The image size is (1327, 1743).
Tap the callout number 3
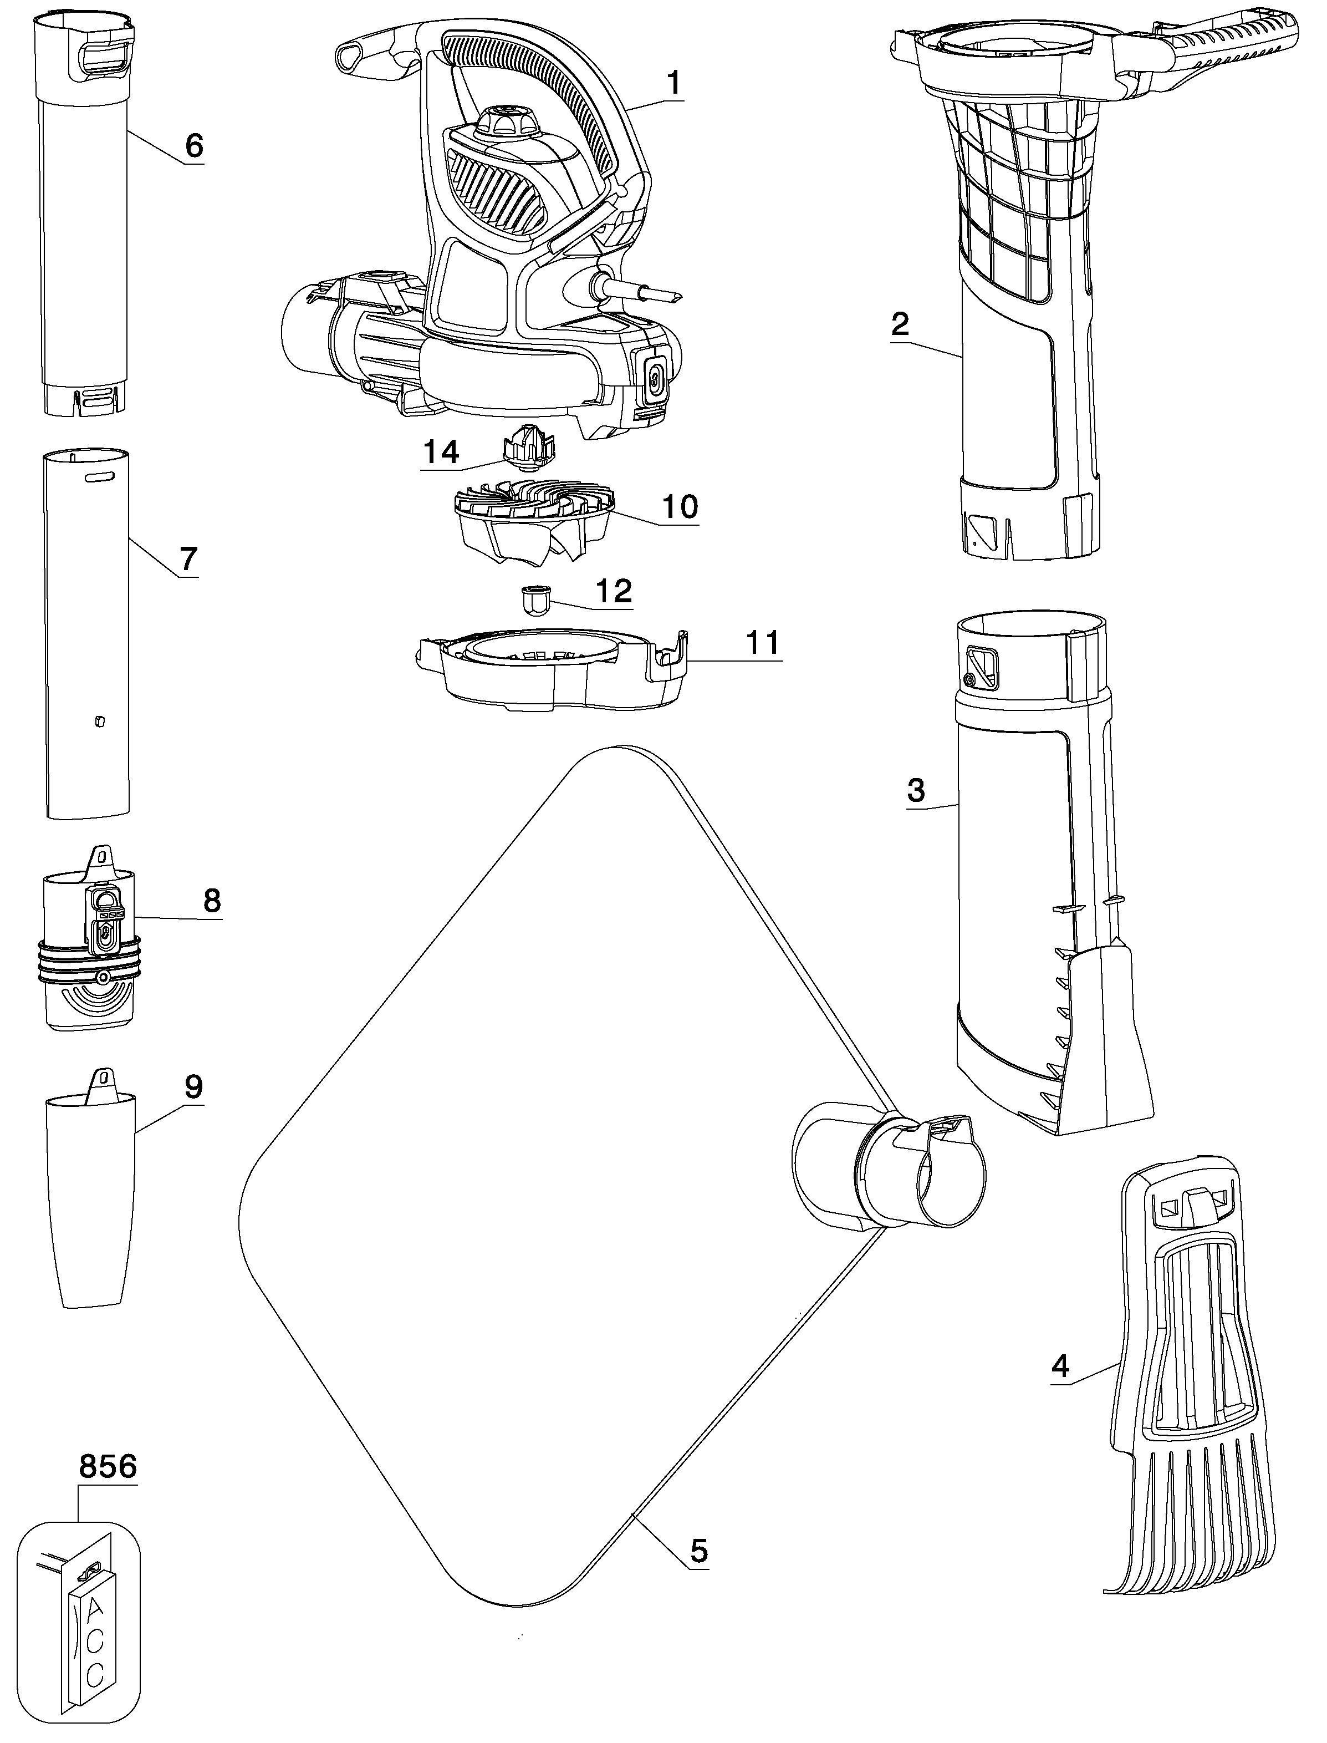coord(916,790)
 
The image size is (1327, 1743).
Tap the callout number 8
coord(212,901)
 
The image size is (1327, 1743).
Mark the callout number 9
coord(193,1086)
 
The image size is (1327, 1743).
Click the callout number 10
coord(680,506)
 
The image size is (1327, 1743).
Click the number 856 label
coord(108,1467)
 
